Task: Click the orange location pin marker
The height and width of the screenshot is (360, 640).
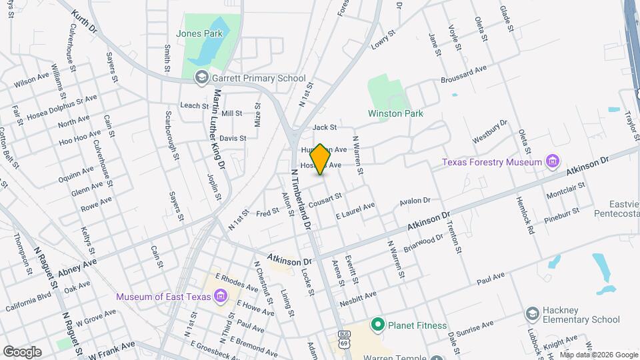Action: click(x=320, y=159)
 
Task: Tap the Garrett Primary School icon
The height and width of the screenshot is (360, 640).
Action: click(x=201, y=79)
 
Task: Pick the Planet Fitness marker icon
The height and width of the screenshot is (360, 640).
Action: click(x=378, y=325)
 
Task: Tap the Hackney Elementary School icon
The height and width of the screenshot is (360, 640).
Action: click(x=532, y=313)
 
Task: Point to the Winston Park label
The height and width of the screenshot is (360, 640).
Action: click(x=395, y=113)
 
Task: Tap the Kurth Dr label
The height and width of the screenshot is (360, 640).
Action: click(x=85, y=21)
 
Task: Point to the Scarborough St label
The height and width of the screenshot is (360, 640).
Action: click(x=172, y=135)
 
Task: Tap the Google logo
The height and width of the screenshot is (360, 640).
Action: click(x=22, y=351)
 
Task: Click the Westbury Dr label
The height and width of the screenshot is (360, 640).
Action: click(x=490, y=132)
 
